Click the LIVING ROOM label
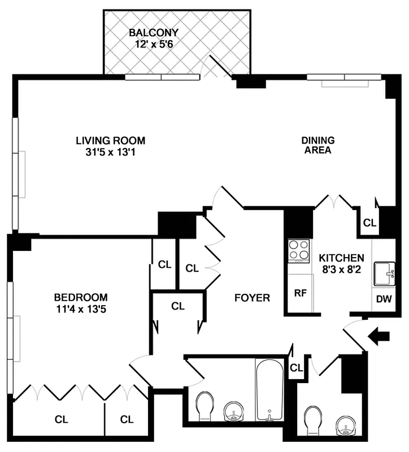[111, 140]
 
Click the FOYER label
[252, 298]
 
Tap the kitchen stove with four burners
[299, 251]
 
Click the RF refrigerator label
[299, 293]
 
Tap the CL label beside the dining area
[369, 223]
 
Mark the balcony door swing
[217, 71]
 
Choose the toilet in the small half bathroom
[312, 420]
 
